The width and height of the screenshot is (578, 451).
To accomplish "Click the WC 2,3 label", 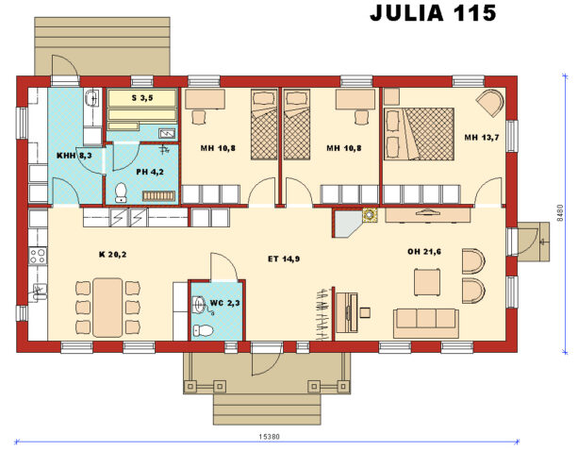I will pyautogui.click(x=224, y=302).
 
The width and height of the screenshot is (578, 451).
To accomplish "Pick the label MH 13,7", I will pyautogui.click(x=481, y=138).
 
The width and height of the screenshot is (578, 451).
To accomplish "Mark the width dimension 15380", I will pyautogui.click(x=270, y=437).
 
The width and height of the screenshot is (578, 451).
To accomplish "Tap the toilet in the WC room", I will pyautogui.click(x=202, y=329).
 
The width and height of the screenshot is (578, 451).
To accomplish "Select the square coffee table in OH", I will pyautogui.click(x=427, y=281).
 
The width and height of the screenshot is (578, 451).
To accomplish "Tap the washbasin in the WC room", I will pyautogui.click(x=200, y=303).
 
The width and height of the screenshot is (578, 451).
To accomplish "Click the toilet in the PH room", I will pyautogui.click(x=120, y=193).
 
